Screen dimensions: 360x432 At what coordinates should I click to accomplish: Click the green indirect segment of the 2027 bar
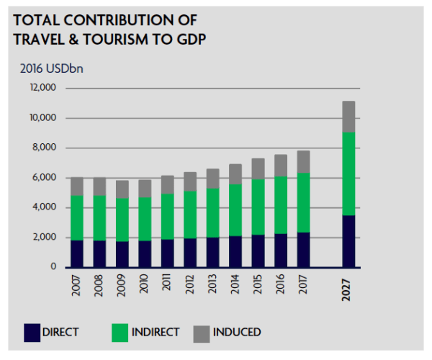pos(348,174)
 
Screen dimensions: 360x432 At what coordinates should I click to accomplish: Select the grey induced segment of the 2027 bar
pos(348,117)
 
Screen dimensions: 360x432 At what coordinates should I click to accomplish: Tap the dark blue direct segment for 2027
pos(348,241)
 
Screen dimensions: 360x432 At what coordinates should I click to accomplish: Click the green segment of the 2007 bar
pos(77,217)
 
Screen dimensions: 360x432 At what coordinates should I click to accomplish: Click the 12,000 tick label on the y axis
pos(42,89)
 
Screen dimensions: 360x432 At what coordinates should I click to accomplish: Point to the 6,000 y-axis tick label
pos(45,178)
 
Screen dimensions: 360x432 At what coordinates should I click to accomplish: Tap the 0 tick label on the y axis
pos(53,267)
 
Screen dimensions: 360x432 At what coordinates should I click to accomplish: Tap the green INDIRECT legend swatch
pos(120,332)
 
